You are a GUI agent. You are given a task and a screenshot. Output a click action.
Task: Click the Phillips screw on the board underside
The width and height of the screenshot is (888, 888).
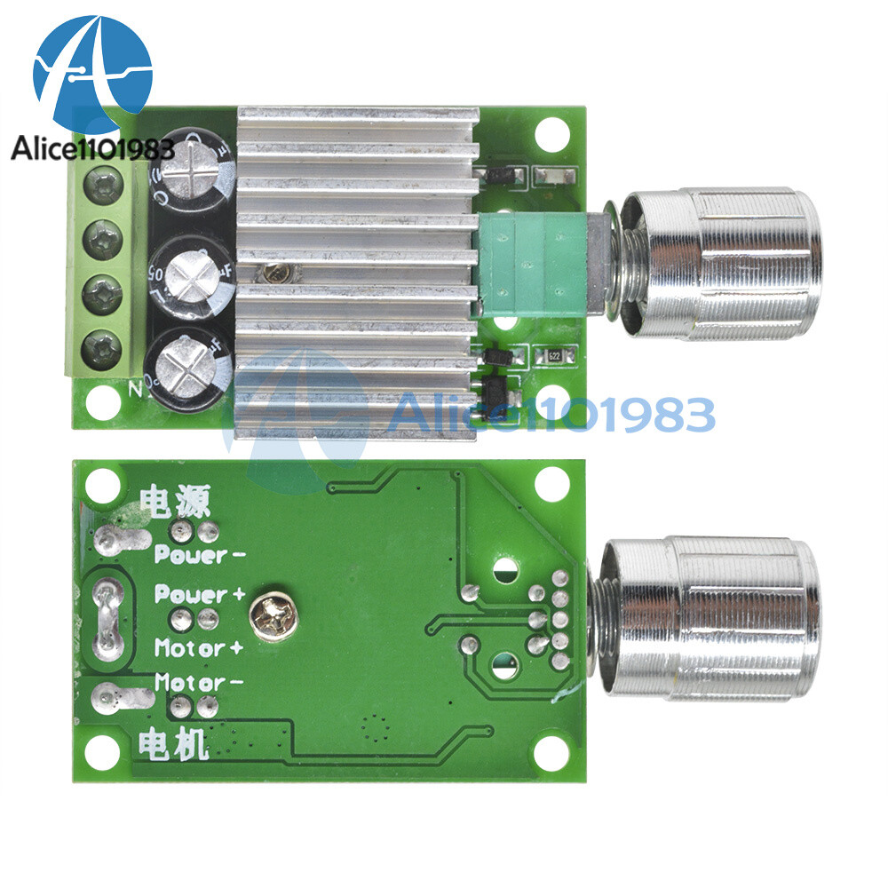pos(269,614)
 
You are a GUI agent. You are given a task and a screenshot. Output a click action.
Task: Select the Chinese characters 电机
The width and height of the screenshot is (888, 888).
pos(173,744)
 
